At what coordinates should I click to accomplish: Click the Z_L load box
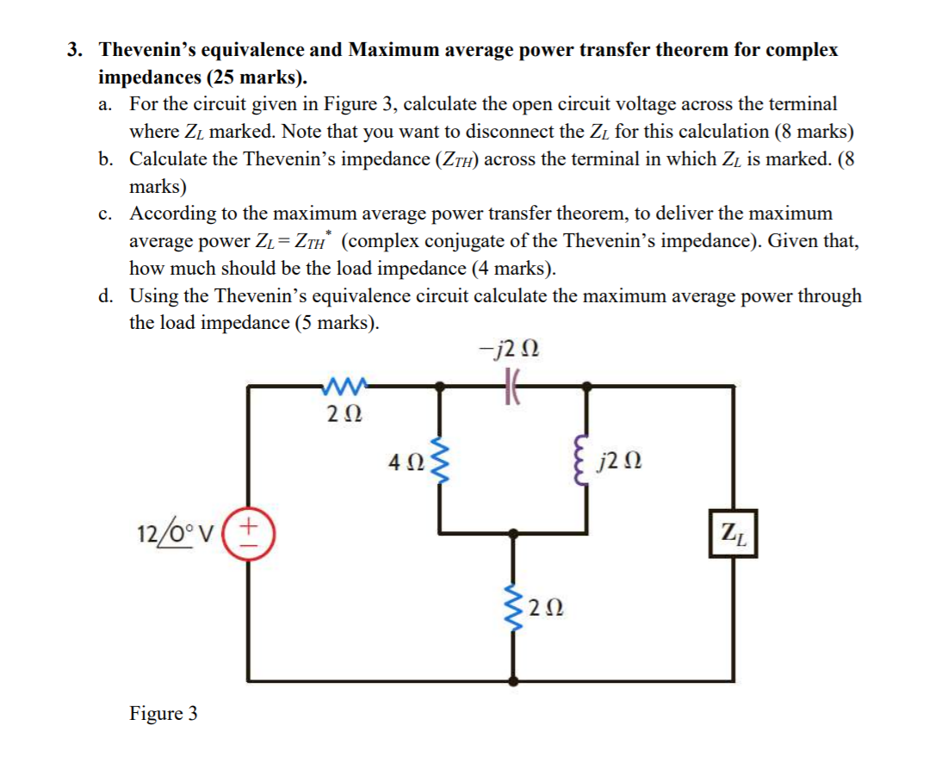click(734, 533)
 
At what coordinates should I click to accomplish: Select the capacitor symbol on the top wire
click(513, 388)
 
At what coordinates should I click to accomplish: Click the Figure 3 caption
click(163, 713)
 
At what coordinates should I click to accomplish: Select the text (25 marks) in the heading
click(254, 77)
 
